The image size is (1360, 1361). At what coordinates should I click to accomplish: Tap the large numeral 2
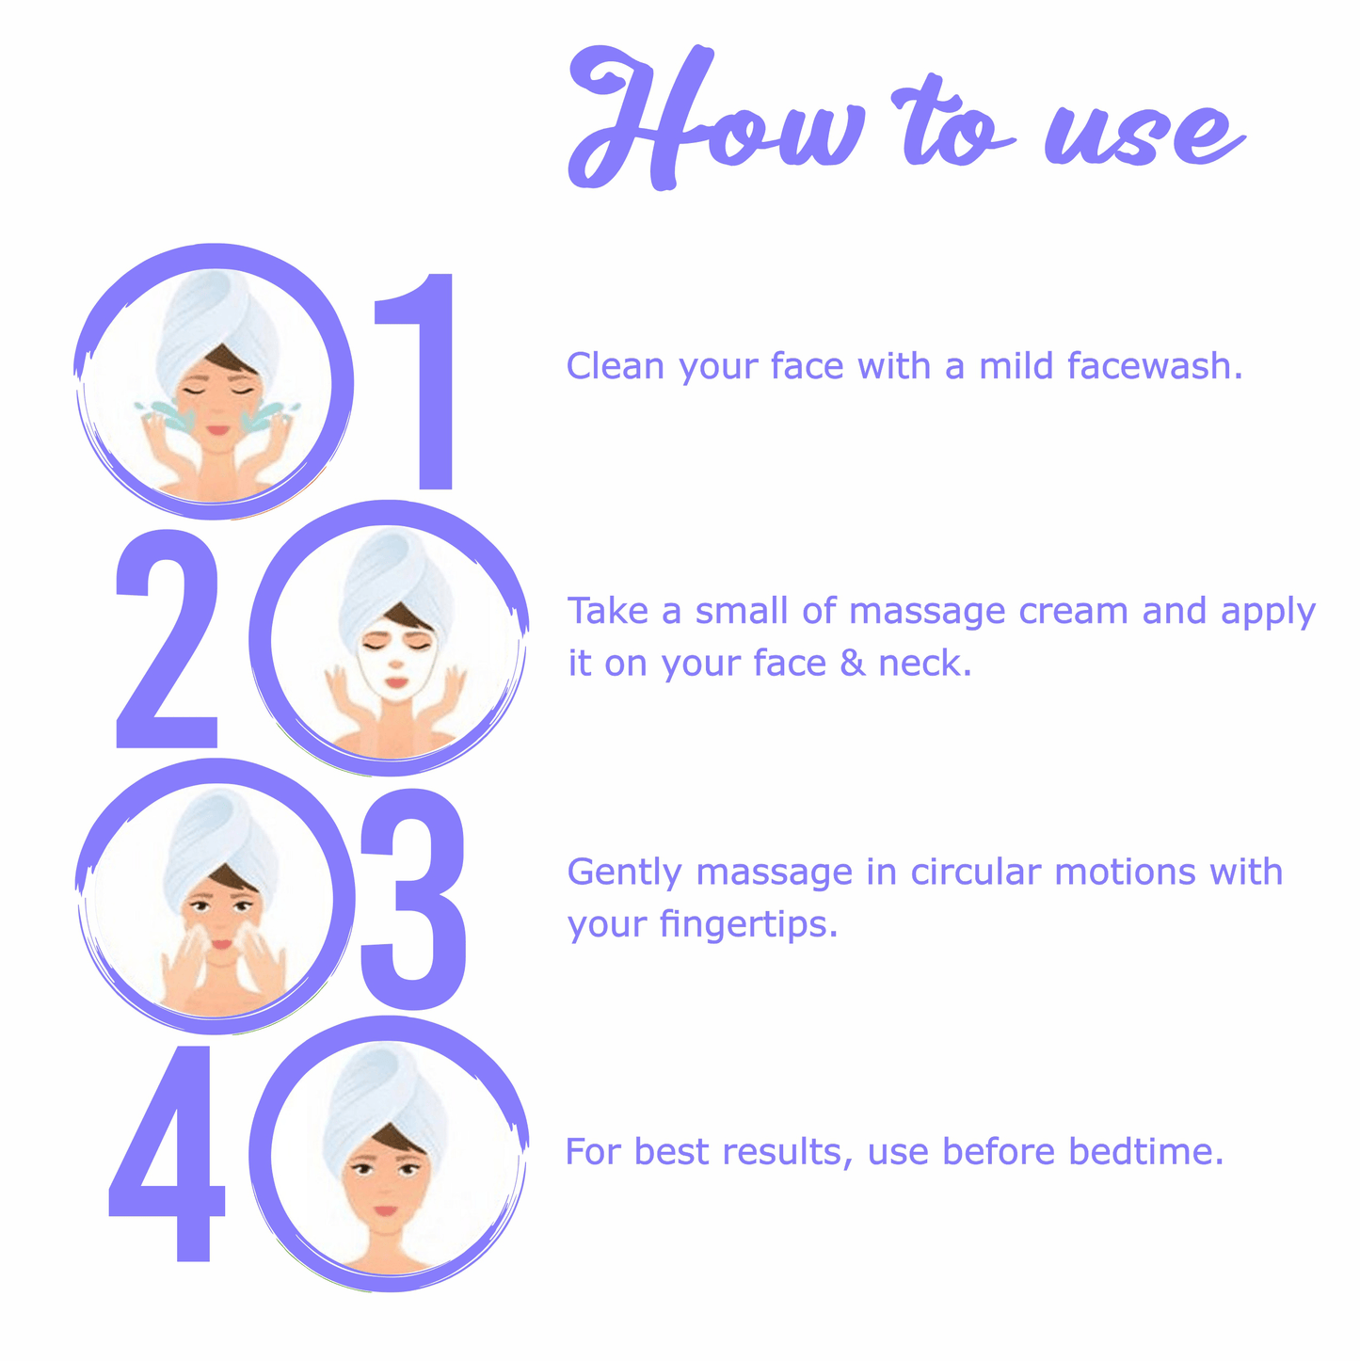[168, 638]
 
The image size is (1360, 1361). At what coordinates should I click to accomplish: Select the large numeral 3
[412, 899]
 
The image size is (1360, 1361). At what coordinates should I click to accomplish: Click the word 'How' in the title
[713, 117]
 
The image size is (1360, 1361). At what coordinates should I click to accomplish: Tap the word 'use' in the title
[1144, 135]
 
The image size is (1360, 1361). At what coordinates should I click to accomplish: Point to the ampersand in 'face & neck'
[853, 663]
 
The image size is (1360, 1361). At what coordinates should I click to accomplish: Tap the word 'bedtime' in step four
[1146, 1151]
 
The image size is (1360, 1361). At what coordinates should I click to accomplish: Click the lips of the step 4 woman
[386, 1211]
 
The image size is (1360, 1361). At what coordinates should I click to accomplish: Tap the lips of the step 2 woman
[396, 682]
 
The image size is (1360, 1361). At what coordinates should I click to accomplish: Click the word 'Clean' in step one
[616, 366]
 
